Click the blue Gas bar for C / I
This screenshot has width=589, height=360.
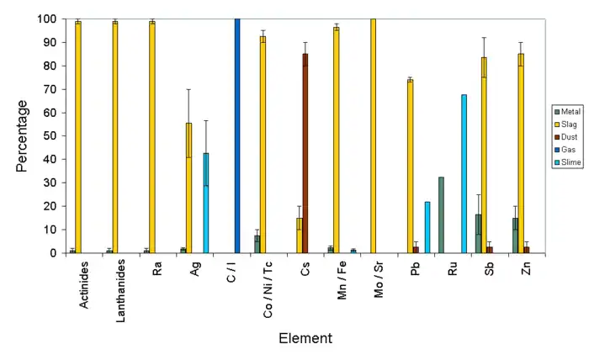pyautogui.click(x=237, y=135)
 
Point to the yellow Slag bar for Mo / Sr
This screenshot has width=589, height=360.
pyautogui.click(x=373, y=135)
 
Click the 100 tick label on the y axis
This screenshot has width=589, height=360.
pyautogui.click(x=47, y=19)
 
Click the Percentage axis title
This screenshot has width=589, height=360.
pyautogui.click(x=23, y=135)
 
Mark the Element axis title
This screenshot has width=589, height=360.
pyautogui.click(x=305, y=338)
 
